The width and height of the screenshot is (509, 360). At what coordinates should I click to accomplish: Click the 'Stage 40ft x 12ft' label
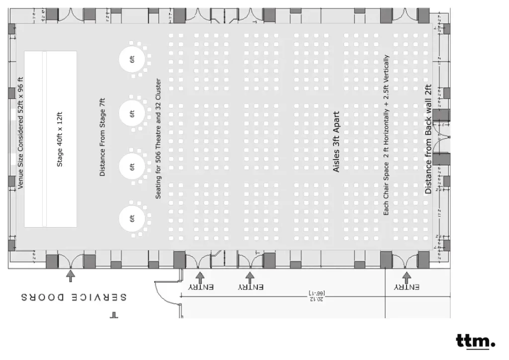click(x=60, y=139)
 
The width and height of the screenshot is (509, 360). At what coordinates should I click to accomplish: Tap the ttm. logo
click(x=475, y=342)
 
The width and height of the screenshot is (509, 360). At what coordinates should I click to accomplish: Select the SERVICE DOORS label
click(x=74, y=297)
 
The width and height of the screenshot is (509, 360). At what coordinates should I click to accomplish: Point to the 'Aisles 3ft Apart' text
click(x=336, y=142)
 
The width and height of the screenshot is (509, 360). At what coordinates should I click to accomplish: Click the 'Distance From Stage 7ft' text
click(x=102, y=137)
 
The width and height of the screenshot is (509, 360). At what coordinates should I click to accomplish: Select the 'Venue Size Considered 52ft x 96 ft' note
click(x=20, y=133)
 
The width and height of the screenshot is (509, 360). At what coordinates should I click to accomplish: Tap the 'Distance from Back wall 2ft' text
click(x=428, y=139)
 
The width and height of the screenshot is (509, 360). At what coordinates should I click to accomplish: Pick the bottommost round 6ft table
click(x=132, y=218)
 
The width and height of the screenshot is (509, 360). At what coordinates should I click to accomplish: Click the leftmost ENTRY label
click(x=201, y=287)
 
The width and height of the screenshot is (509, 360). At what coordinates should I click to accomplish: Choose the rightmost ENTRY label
click(x=407, y=287)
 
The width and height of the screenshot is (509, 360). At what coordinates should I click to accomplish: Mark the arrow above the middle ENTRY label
click(x=250, y=275)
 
